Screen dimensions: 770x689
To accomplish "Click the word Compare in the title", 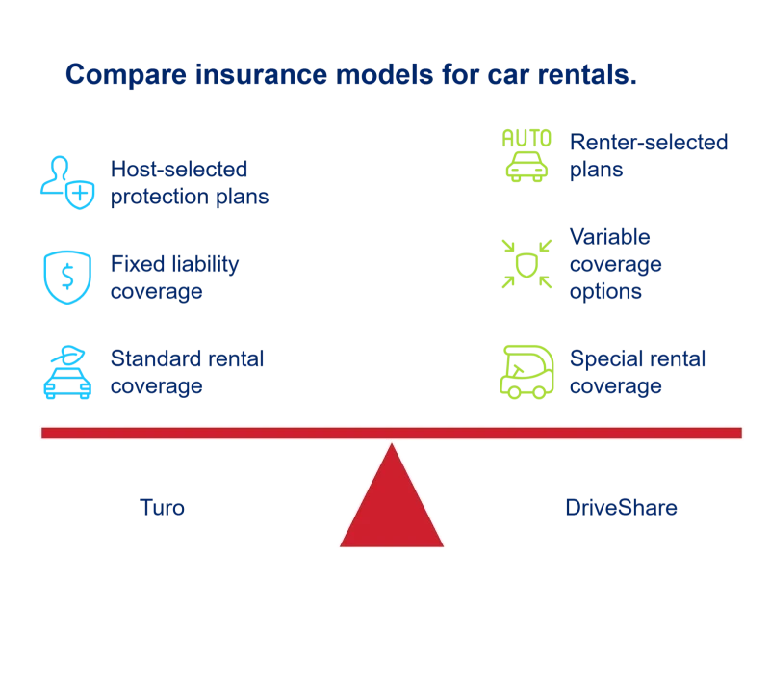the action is coord(126,75).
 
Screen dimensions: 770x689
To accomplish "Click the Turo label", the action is coord(162,508).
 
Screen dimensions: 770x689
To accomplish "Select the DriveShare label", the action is coord(621,508).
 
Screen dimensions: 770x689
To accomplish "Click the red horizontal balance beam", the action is coord(392,433).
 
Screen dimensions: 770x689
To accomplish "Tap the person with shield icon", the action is coord(67,182).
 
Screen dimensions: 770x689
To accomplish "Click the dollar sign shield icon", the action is coord(67,278).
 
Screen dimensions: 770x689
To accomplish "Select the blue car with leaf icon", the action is coord(67,372).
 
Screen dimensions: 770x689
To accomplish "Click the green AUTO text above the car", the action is coord(526,138).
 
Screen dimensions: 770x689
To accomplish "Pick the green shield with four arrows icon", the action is coord(526,264).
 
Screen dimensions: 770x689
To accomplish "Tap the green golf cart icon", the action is coord(526,372).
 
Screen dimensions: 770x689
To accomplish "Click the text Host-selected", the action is coord(179,170).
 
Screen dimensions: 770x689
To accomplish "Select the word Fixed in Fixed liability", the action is coord(130,264).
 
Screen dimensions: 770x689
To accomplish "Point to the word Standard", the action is coord(153,358).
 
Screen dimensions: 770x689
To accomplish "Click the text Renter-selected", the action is coord(649,142).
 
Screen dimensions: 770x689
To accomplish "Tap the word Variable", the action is coord(610,237).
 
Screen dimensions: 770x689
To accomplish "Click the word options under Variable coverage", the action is coord(605,292).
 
